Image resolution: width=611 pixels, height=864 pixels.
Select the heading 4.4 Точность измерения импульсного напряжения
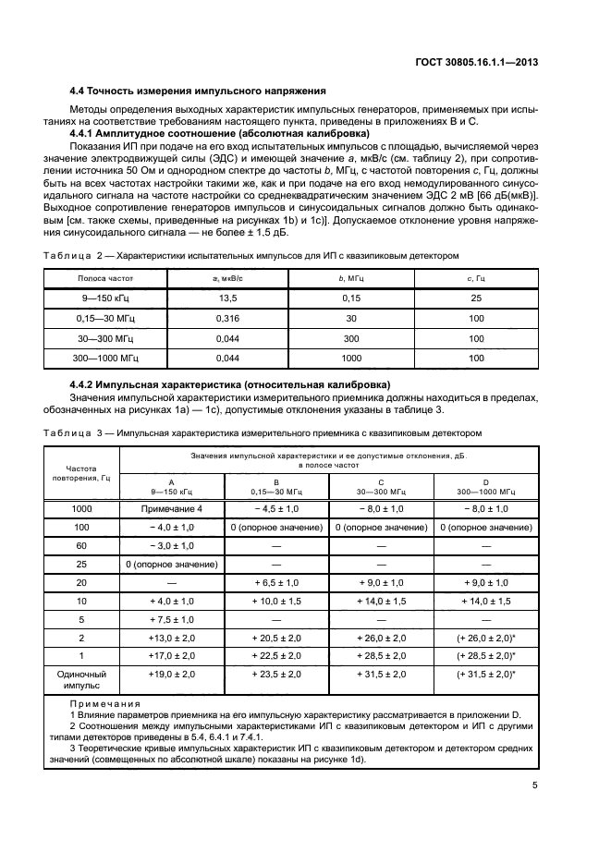coord(198,91)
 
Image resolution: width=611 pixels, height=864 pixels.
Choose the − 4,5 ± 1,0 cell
coord(276,508)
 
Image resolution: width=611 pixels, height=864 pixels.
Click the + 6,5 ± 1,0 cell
coord(276,584)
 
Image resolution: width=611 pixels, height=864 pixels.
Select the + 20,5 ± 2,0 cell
coord(276,639)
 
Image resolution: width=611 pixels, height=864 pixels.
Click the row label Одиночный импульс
coord(81,682)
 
